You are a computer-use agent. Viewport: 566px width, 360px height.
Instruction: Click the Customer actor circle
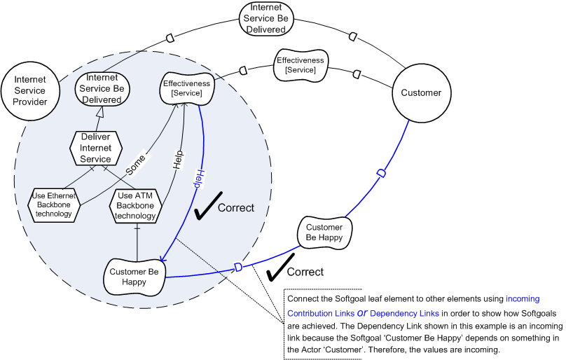(421, 92)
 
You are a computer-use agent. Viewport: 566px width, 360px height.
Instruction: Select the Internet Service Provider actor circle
(30, 91)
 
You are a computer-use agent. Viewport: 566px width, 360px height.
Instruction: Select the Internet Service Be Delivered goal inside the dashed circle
(104, 89)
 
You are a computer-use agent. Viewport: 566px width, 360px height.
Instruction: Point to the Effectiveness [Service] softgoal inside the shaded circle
(186, 88)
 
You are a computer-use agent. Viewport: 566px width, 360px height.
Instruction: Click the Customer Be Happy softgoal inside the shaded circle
(133, 277)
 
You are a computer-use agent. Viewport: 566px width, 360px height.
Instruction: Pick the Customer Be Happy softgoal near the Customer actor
(324, 232)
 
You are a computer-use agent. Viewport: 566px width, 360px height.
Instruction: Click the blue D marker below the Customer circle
(380, 173)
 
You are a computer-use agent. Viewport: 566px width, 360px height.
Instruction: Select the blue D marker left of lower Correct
(238, 268)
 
